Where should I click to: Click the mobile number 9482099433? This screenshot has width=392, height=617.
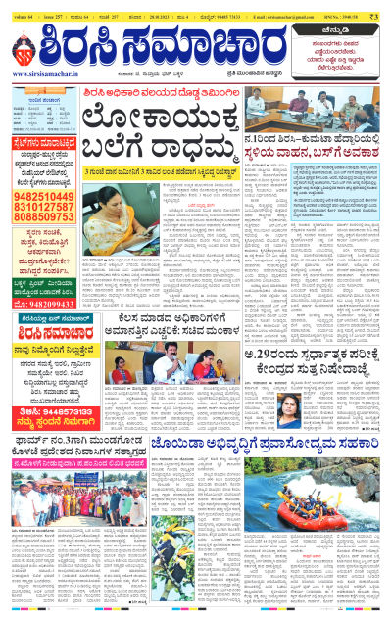(x=46, y=303)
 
